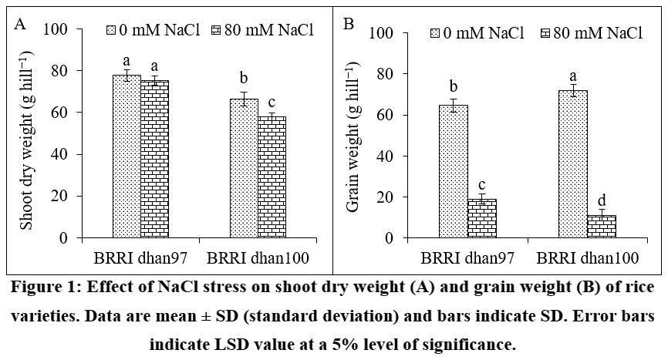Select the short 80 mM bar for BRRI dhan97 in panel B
point(481,219)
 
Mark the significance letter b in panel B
point(454,85)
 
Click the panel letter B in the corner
point(349,25)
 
